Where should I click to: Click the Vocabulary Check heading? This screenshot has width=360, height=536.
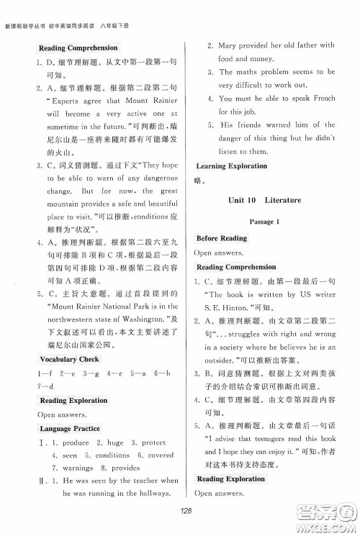69,358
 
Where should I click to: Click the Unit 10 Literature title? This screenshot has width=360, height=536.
264,199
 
